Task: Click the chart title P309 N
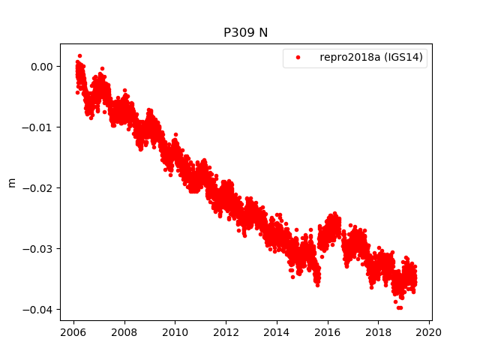[245, 33]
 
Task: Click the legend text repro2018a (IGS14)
[373, 57]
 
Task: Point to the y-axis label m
[11, 182]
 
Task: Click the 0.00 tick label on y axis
[41, 66]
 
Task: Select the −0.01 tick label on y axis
[39, 127]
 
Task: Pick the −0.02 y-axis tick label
[39, 187]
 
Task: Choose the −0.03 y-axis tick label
[39, 248]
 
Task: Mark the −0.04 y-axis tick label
[39, 309]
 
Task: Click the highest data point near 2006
[79, 55]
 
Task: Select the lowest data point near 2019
[399, 307]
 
